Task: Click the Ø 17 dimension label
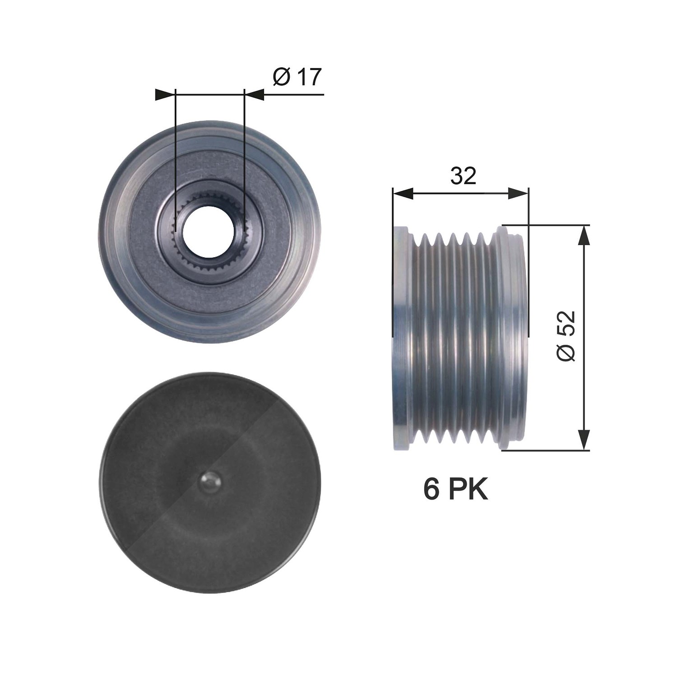point(297,77)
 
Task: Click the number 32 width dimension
point(463,176)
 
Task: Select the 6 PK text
point(456,490)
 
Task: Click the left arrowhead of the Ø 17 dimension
point(165,94)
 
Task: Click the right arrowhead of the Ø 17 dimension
point(254,94)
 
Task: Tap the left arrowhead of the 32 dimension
point(403,194)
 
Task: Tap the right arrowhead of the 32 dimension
point(518,194)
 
